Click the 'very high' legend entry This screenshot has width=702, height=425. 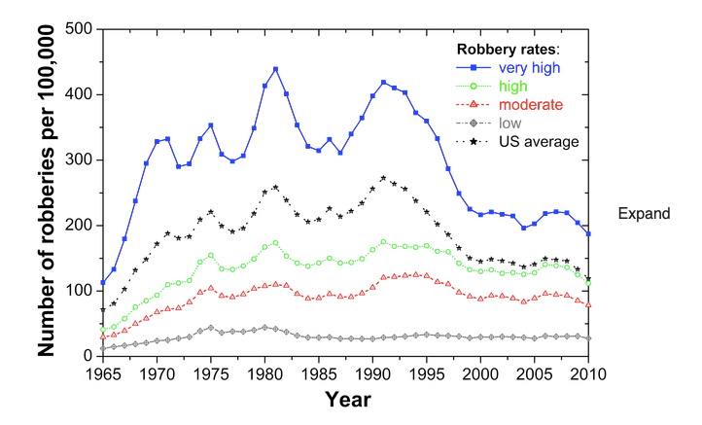(530, 68)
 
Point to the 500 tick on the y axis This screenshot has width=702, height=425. (76, 29)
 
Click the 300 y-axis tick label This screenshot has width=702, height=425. (76, 159)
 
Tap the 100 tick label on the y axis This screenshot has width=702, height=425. (76, 291)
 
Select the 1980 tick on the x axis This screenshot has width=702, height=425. (264, 372)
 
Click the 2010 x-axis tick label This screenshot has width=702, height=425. (588, 372)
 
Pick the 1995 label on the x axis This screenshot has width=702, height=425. (427, 372)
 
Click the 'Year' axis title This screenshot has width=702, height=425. (345, 398)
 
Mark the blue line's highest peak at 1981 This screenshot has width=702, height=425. (275, 69)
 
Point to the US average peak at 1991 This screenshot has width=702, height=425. (383, 178)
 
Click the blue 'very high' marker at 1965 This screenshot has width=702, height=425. (103, 283)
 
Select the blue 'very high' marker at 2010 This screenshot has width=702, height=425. (588, 234)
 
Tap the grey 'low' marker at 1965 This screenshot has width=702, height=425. (103, 348)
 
